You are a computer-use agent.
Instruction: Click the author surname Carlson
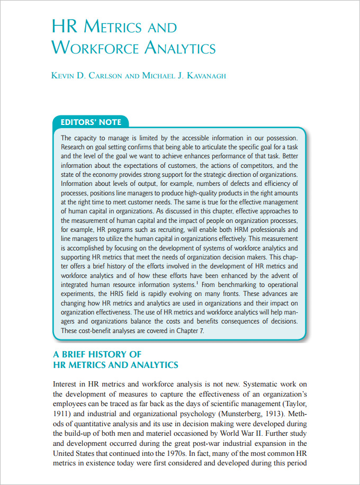(x=102, y=76)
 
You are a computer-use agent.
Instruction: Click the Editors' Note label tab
(x=91, y=122)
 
